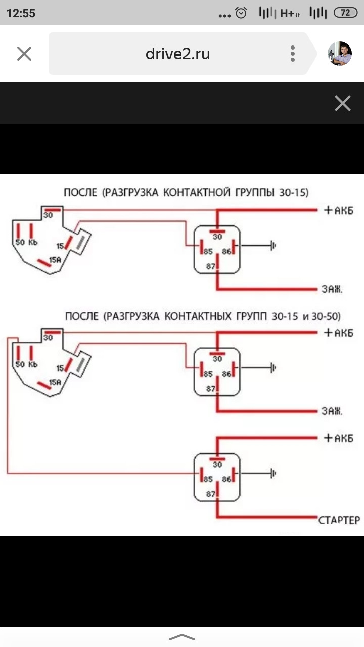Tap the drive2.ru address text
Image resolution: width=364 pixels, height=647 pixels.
point(177,54)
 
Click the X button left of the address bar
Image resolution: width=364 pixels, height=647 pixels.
point(24,54)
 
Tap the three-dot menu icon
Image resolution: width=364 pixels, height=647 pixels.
point(293,54)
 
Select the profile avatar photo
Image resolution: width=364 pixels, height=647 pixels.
point(340,54)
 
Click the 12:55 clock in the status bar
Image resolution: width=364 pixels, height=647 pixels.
point(21,13)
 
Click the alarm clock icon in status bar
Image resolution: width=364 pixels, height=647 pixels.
point(242,13)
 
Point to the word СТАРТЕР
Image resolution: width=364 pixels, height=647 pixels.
point(339,520)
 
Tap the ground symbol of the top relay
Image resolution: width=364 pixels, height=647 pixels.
point(274,246)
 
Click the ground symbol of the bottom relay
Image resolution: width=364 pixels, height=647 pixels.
point(274,474)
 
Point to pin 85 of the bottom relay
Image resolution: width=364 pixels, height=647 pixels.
point(208,479)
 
